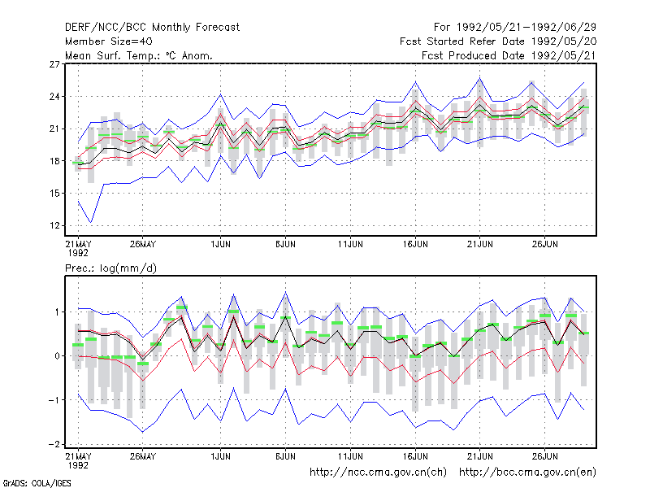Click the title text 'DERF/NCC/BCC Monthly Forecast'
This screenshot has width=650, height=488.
pos(152,28)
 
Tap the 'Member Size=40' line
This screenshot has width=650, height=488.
pos(109,41)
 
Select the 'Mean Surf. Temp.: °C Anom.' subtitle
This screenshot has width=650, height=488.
pos(139,55)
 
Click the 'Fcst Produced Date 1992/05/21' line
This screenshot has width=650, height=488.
pos(509,55)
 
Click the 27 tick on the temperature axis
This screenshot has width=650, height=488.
pos(54,64)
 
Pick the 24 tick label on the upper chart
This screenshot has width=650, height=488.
pos(54,97)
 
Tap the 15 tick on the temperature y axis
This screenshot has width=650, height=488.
pos(54,194)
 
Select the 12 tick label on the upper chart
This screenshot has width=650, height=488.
pos(54,226)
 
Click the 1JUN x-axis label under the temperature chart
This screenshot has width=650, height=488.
pos(220,244)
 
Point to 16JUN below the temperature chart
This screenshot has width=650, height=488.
pos(415,244)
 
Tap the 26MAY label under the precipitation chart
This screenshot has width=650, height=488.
pos(143,456)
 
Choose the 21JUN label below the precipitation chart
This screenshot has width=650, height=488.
pos(480,456)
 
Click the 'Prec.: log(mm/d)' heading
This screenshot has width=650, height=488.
pos(110,268)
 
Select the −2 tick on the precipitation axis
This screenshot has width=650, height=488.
pos(54,444)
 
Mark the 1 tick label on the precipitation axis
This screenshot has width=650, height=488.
pos(57,312)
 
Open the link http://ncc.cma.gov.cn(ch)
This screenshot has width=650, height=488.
pos(378,473)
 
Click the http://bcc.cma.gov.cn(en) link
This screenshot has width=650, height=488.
pos(527,473)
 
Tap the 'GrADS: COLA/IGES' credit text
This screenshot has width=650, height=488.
pos(37,483)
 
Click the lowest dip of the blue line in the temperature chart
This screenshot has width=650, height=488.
pos(91,223)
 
